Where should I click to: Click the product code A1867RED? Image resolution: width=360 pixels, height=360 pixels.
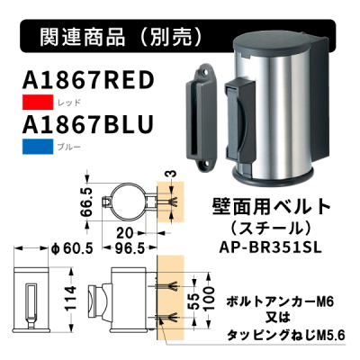[x=88, y=80]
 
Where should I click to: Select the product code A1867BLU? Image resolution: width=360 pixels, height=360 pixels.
[x=88, y=124]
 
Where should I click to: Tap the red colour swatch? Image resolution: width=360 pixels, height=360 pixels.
[x=38, y=103]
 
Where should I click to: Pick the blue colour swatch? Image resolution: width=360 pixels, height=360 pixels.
[x=38, y=147]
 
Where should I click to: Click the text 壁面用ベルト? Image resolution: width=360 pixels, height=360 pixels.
[x=272, y=207]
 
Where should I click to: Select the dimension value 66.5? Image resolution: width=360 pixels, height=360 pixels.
[x=86, y=202]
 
